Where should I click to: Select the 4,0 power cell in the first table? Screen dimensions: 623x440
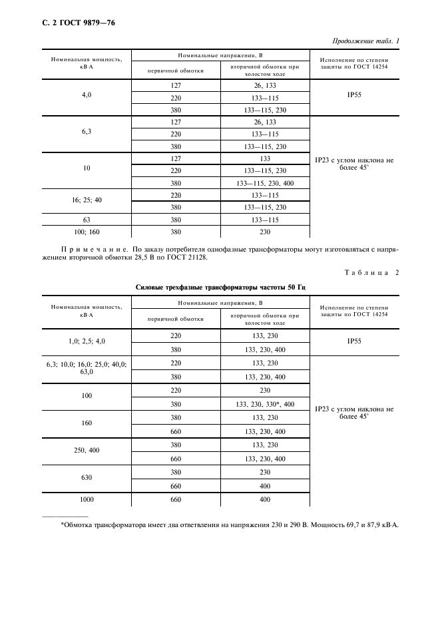87,95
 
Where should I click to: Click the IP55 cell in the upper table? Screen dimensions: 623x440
354,95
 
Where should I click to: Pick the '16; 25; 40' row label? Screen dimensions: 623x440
87,200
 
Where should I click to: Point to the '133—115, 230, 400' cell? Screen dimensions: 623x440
265,183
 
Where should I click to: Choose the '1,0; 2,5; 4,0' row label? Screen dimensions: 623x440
87,341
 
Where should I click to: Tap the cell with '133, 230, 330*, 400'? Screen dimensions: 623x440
265,404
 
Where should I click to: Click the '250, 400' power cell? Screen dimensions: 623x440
87,451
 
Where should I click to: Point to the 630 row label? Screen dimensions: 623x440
87,477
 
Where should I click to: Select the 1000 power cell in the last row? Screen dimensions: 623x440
87,499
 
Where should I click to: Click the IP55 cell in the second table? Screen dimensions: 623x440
354,341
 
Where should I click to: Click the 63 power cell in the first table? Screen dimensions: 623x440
87,219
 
